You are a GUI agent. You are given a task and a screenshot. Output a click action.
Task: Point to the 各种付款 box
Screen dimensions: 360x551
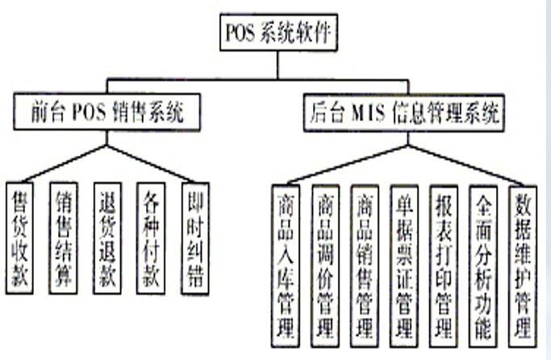point(150,239)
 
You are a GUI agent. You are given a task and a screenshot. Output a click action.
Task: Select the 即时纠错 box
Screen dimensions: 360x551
point(194,239)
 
